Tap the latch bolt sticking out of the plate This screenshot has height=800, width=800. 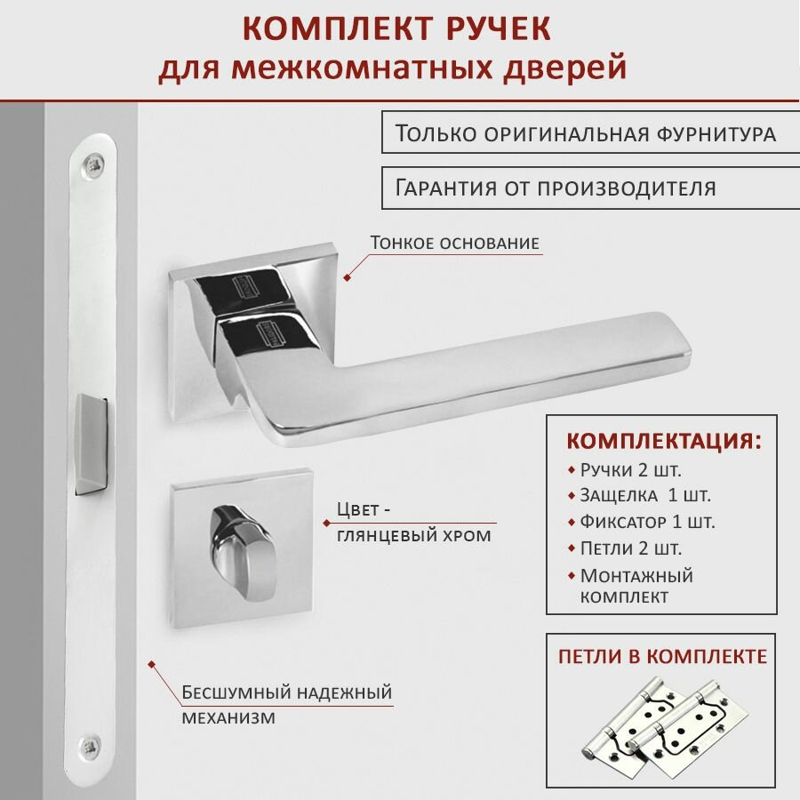(x=92, y=442)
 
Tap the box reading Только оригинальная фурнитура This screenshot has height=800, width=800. (x=585, y=134)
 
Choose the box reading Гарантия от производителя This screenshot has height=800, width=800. (x=556, y=188)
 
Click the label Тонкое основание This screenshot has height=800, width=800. (x=454, y=243)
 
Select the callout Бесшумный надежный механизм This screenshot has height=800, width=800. (x=286, y=704)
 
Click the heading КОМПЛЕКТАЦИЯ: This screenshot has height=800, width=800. (x=664, y=442)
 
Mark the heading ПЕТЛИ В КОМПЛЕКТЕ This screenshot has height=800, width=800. (x=662, y=657)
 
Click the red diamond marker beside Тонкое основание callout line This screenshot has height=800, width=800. (x=348, y=276)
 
